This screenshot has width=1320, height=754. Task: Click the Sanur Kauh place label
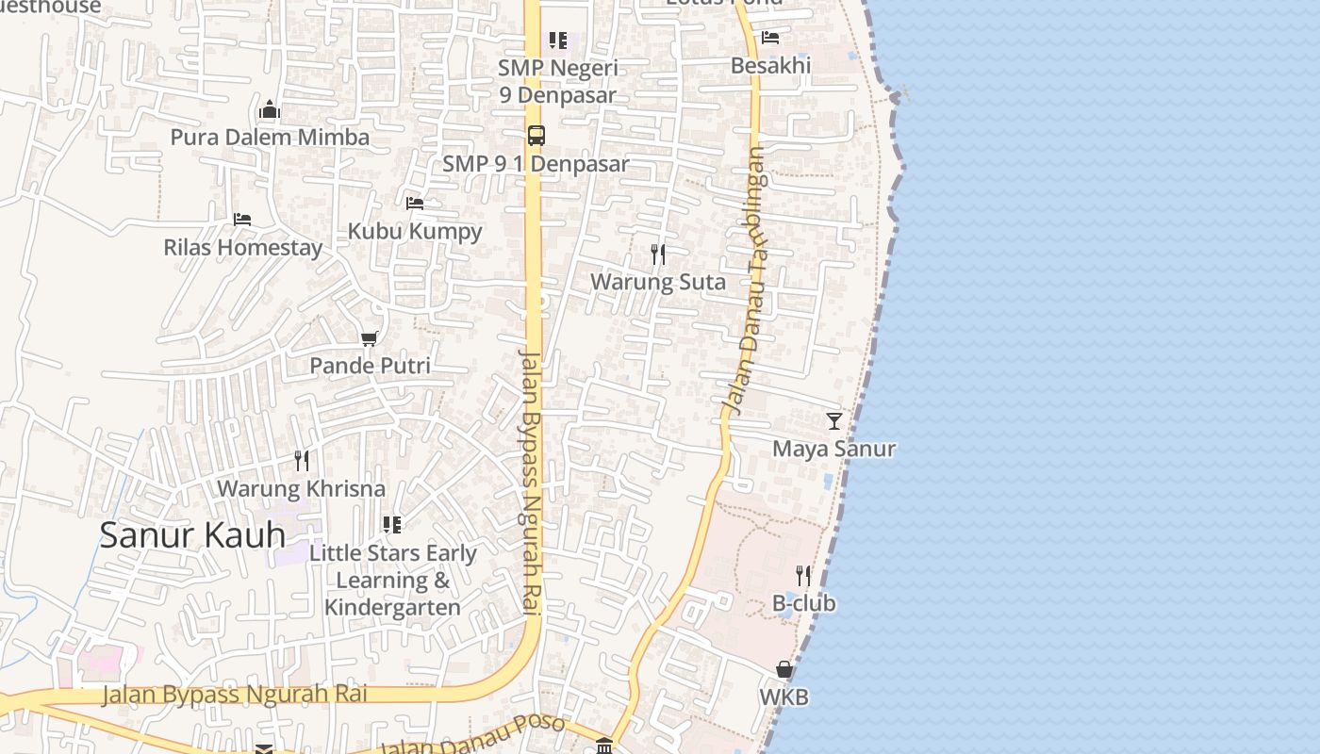tap(192, 534)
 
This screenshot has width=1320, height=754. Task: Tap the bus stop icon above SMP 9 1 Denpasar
tap(536, 136)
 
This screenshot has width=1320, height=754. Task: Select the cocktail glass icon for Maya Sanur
tap(834, 420)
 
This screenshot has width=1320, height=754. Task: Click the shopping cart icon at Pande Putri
tap(370, 338)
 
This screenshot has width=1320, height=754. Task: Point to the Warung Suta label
tap(658, 282)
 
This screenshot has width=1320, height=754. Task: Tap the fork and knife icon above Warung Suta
tap(658, 254)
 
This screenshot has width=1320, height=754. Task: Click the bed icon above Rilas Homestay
tap(242, 220)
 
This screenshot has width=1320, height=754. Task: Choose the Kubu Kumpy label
tap(415, 231)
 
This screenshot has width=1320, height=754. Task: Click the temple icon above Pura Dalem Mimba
tap(270, 110)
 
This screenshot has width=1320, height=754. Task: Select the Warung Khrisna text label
tap(302, 488)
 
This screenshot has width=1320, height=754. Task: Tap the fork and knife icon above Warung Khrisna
tap(302, 460)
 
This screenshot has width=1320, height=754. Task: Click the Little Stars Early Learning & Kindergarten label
tap(392, 580)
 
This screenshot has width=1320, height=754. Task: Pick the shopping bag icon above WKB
tap(784, 669)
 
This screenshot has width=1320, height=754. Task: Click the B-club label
tap(803, 603)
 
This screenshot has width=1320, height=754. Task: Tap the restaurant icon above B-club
tap(803, 575)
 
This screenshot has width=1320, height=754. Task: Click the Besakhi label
tap(770, 66)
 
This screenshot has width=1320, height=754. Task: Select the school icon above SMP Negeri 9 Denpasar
tap(558, 41)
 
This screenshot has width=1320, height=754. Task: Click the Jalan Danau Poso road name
tap(471, 735)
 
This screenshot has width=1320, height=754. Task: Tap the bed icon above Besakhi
tap(770, 38)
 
